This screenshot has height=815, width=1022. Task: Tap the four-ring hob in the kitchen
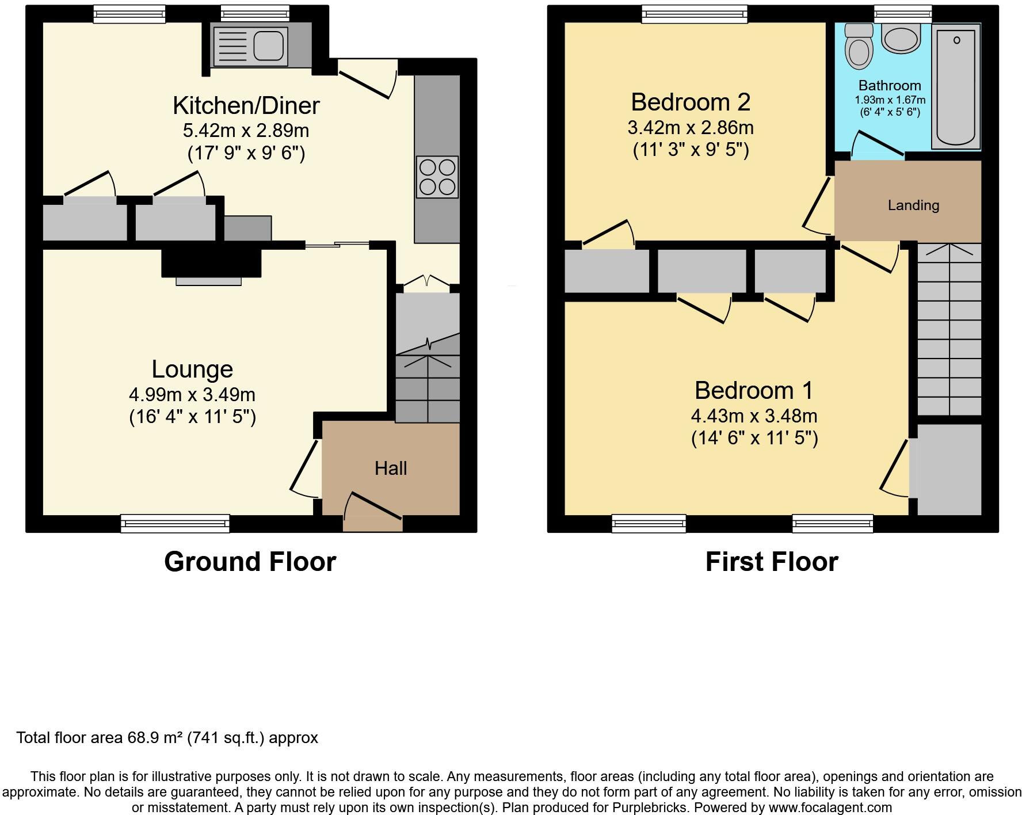[x=437, y=177]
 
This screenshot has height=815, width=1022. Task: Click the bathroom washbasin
[x=901, y=39]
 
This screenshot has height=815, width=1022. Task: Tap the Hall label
[x=391, y=469]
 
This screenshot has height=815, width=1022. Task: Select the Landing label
[x=913, y=205]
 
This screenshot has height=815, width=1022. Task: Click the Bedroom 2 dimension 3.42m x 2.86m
[x=691, y=128]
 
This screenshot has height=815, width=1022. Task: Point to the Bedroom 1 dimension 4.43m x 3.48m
[x=754, y=416]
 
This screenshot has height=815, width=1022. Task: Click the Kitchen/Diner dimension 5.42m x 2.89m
[x=246, y=131]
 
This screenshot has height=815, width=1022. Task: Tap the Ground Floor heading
[x=250, y=562]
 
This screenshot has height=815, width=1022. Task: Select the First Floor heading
[x=772, y=562]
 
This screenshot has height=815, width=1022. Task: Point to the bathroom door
[x=878, y=144]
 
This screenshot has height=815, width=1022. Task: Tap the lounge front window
[x=175, y=523]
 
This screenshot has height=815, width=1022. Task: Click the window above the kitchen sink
[x=255, y=13]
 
